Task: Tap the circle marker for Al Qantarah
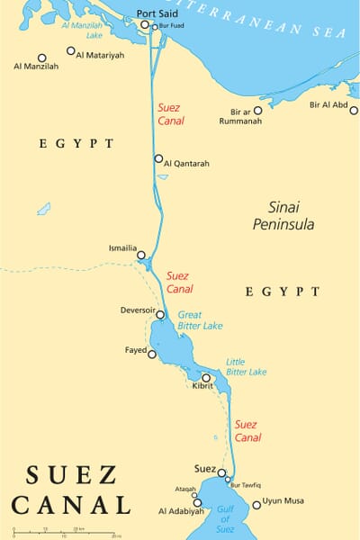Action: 158,159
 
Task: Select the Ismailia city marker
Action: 141,256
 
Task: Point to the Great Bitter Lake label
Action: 200,319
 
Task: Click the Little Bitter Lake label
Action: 246,365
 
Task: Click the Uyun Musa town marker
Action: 256,505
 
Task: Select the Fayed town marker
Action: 151,354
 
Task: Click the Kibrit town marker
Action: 206,378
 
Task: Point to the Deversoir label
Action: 138,310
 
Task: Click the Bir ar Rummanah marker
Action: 257,111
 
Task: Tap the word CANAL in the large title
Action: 71,503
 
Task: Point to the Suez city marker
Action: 221,472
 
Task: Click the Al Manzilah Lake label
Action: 83,31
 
